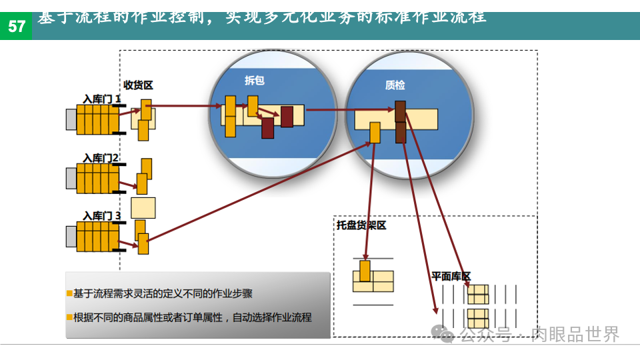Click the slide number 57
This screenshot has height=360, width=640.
[x=16, y=27]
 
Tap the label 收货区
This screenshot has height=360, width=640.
[x=138, y=85]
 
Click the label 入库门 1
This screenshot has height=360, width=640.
[x=101, y=99]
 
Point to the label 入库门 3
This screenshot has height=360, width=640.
[x=101, y=215]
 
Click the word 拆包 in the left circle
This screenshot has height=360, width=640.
[x=255, y=81]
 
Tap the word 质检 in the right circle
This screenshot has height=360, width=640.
[x=395, y=85]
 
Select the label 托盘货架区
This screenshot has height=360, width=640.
[x=361, y=225]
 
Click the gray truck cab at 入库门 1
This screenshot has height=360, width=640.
[x=71, y=119]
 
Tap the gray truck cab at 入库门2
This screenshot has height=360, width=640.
[x=71, y=177]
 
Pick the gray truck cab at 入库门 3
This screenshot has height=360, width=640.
[x=71, y=235]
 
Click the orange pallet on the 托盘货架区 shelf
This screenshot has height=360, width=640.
[x=365, y=271]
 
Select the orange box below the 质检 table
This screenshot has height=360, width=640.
[x=375, y=133]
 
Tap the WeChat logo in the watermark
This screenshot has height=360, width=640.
[x=443, y=333]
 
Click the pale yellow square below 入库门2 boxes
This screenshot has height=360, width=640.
[x=143, y=207]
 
